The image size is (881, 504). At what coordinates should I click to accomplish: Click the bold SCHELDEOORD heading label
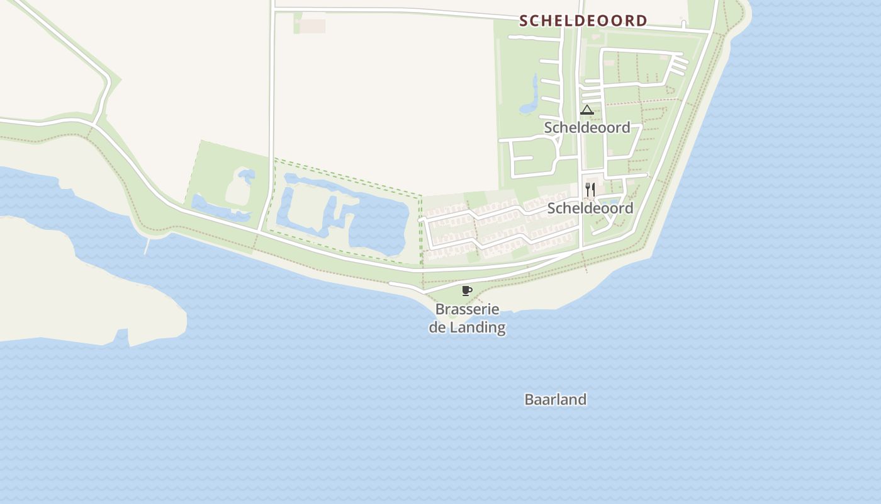(x=583, y=21)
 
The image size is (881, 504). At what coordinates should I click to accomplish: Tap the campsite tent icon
(x=586, y=110)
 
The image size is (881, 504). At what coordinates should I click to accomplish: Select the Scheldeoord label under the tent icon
(x=587, y=127)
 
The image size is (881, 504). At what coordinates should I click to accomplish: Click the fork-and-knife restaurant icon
(x=590, y=189)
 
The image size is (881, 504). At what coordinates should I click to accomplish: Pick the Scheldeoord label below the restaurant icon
(x=590, y=208)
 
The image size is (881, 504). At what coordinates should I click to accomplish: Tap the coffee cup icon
(x=466, y=290)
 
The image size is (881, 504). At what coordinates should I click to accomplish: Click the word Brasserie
(x=467, y=309)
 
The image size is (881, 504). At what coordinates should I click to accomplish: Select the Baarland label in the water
(x=556, y=399)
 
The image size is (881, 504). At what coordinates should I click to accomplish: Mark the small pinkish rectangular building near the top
(x=312, y=26)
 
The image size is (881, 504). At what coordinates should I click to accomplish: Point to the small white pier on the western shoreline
(x=148, y=246)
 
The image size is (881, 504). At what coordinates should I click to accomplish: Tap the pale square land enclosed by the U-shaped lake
(x=305, y=202)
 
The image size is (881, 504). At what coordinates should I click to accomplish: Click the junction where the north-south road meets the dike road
(x=260, y=229)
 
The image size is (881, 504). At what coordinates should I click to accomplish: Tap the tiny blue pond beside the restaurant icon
(x=609, y=202)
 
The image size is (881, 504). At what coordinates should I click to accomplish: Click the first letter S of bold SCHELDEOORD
(x=524, y=21)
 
